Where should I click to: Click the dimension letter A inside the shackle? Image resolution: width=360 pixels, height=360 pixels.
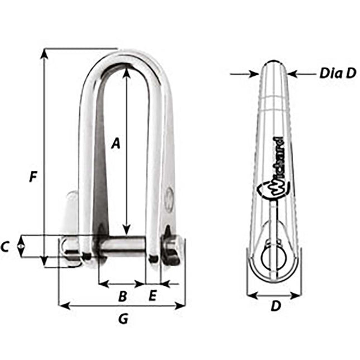[116, 143]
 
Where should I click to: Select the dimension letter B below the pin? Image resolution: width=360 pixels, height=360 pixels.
[123, 297]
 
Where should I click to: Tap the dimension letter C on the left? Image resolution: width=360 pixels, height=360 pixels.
[6, 246]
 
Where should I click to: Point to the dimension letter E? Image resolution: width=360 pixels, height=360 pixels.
[152, 297]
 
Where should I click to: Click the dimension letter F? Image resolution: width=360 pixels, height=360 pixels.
[33, 177]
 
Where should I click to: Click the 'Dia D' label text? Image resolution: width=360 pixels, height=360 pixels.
[337, 73]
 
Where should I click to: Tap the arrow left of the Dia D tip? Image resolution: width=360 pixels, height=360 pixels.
[253, 74]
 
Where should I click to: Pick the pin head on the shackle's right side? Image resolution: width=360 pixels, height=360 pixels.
[171, 249]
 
